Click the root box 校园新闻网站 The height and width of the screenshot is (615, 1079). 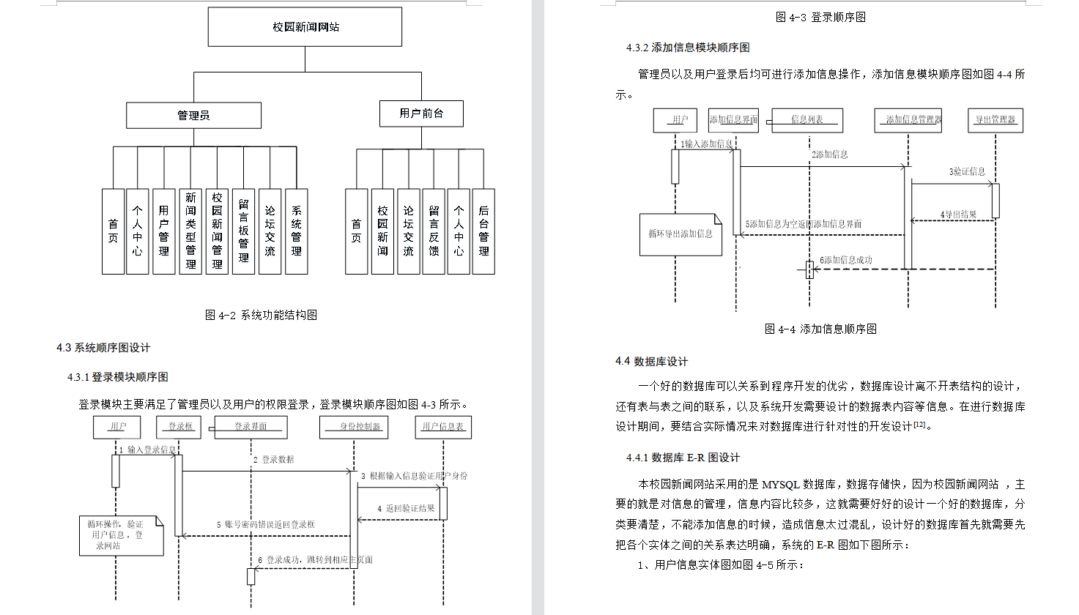(305, 27)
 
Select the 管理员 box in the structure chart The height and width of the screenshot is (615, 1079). (193, 116)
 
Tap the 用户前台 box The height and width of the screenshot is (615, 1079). (421, 113)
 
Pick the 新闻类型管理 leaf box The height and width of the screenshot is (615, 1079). (190, 231)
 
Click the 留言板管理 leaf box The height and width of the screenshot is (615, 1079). (243, 231)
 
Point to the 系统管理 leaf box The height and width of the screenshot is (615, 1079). (296, 231)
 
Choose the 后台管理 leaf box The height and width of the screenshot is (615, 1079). (483, 231)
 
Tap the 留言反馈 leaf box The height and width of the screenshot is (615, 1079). (434, 231)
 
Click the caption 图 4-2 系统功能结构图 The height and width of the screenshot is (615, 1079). (261, 315)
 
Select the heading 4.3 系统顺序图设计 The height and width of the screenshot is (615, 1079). (103, 348)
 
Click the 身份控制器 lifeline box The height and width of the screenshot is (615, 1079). (354, 427)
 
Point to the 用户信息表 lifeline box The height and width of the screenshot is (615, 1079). (442, 427)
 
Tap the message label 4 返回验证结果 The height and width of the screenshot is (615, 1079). (406, 508)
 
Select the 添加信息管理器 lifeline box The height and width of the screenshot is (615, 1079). (908, 120)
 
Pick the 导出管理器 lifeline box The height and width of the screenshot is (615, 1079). (995, 120)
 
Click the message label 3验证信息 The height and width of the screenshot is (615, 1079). (967, 172)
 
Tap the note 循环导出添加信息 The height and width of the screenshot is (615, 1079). (680, 234)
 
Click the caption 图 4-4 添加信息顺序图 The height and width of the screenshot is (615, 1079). (820, 329)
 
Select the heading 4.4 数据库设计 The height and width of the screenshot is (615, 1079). (651, 362)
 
